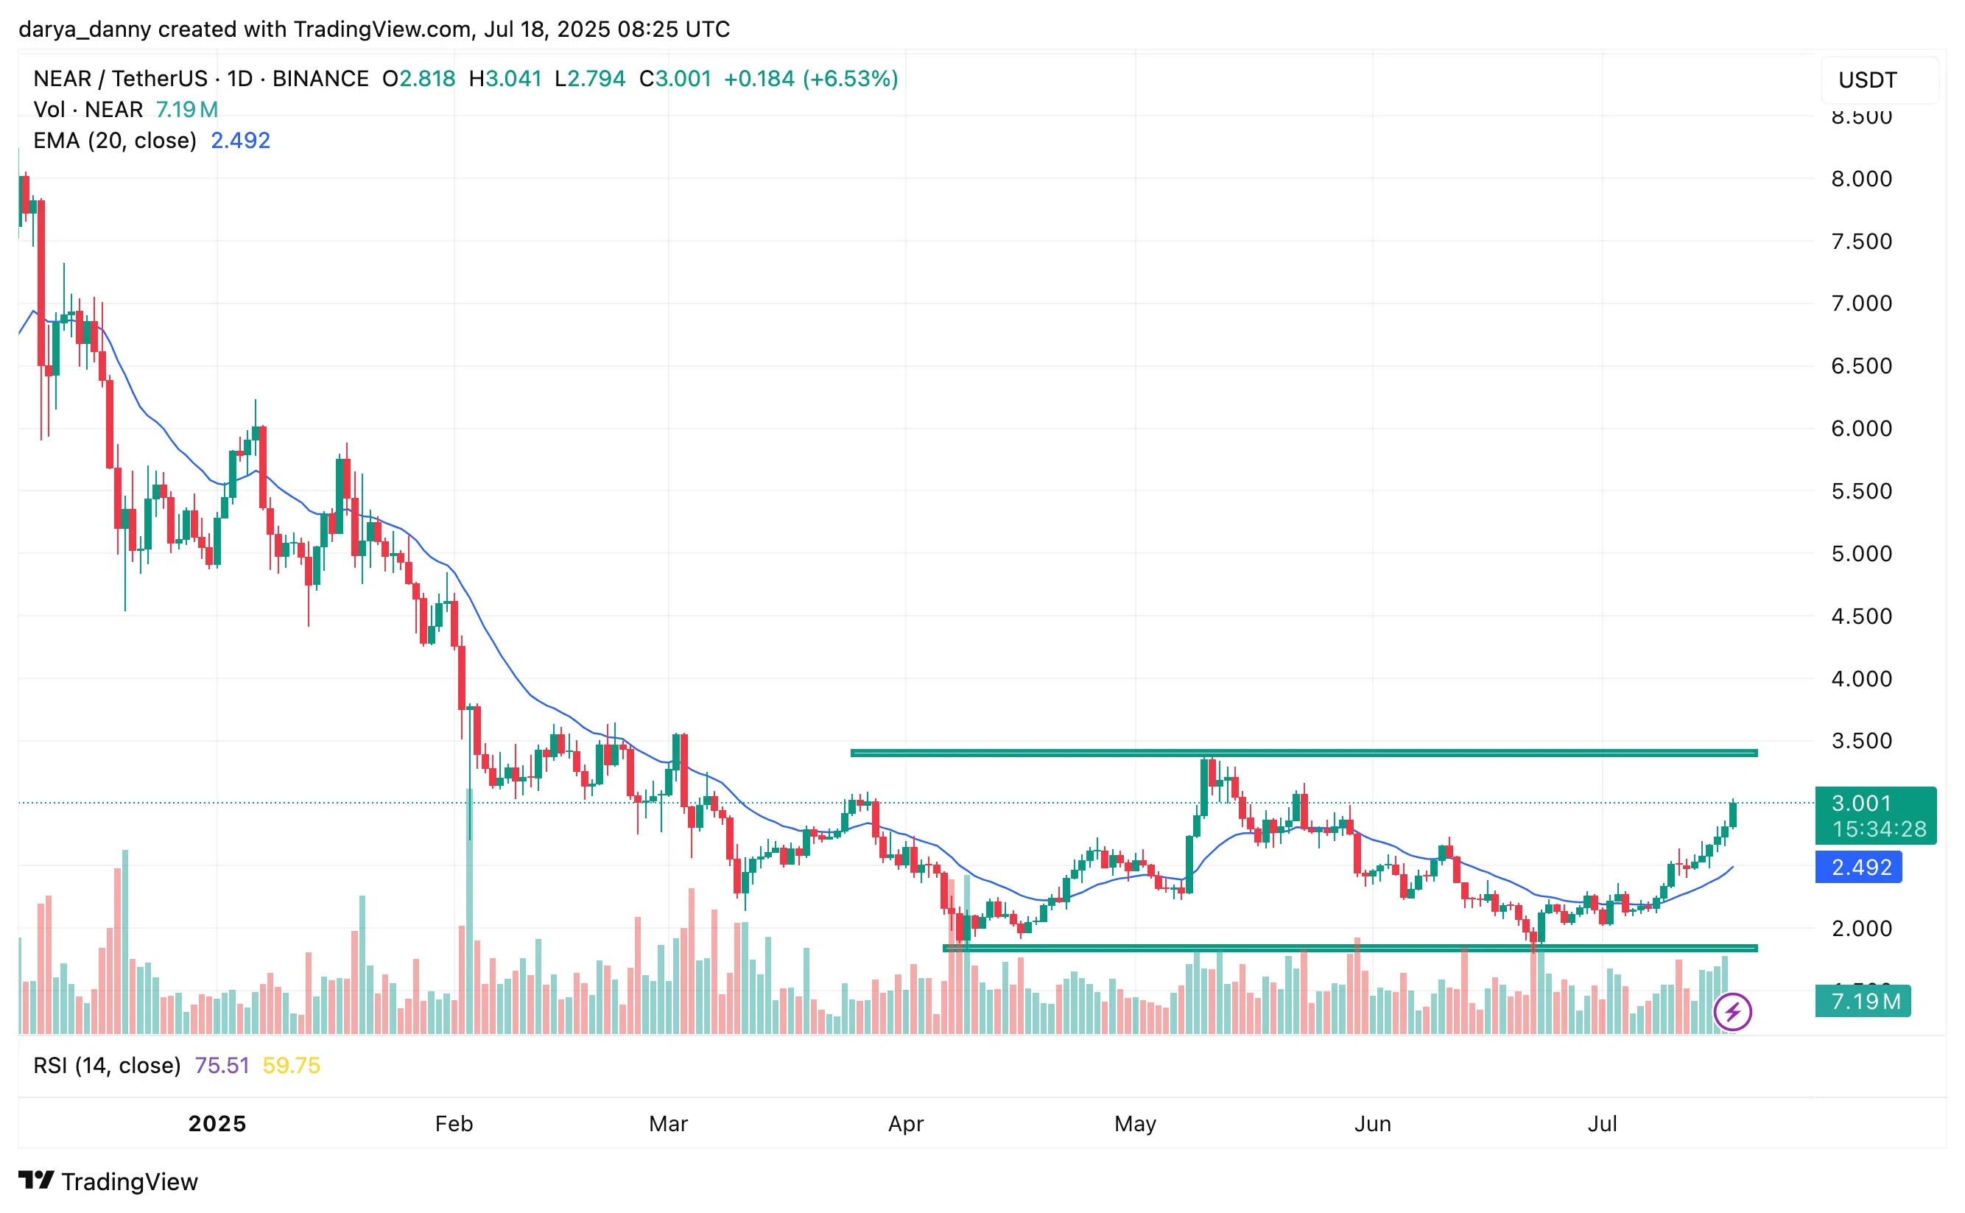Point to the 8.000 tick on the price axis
[1860, 179]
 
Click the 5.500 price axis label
[1860, 491]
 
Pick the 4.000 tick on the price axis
[1860, 679]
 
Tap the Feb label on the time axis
[453, 1124]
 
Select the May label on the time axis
[1135, 1124]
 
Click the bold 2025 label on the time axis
[217, 1124]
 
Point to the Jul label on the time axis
[1602, 1124]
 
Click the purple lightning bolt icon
[1732, 1012]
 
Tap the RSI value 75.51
[222, 1066]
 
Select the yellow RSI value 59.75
[291, 1066]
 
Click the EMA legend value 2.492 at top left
[240, 141]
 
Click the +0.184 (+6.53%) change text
[810, 79]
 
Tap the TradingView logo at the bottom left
[108, 1182]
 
